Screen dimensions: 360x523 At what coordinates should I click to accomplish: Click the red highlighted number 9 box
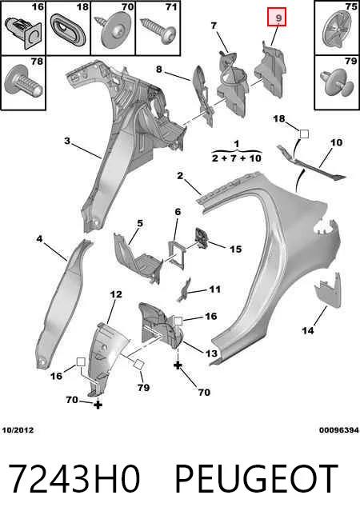[277, 18]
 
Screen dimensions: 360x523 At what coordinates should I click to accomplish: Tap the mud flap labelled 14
[327, 290]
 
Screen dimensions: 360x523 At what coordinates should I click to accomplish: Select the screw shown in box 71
[159, 30]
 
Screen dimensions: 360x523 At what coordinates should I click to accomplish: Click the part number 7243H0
[74, 479]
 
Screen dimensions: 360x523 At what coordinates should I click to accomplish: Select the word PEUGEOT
[256, 479]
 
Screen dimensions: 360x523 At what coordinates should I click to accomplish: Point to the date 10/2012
[18, 430]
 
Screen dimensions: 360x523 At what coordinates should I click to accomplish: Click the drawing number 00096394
[339, 430]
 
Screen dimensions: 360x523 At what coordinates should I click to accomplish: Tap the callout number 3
[67, 141]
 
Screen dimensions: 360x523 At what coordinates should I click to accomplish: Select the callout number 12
[116, 294]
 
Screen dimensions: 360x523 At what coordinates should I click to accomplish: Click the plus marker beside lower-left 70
[98, 405]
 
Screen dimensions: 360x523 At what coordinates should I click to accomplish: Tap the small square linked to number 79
[139, 364]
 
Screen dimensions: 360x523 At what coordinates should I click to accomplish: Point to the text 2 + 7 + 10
[237, 158]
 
